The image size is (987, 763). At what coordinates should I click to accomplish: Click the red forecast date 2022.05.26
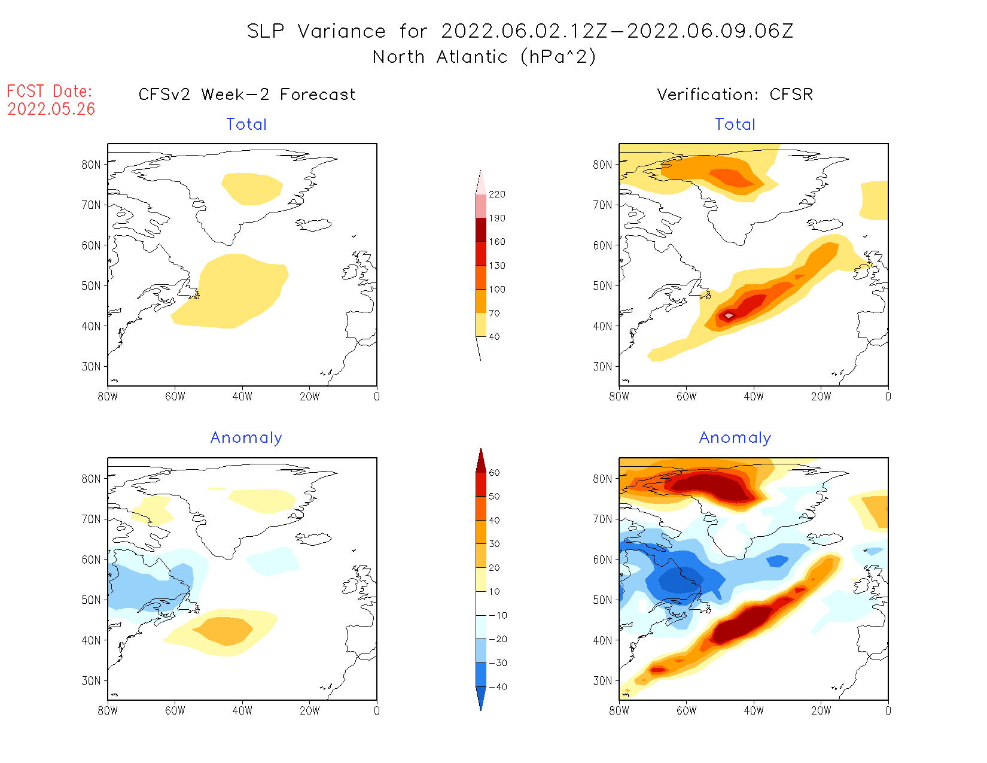(x=51, y=109)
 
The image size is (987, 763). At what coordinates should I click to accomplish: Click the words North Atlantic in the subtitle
(x=440, y=57)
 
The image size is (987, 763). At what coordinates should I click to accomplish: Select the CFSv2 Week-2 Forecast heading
(x=246, y=95)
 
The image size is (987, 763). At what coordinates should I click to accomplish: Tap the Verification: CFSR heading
(x=735, y=95)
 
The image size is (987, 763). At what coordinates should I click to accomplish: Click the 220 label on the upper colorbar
(x=497, y=194)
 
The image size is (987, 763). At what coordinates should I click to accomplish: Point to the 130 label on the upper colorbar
(x=497, y=266)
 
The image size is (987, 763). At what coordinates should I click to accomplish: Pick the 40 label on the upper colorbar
(x=494, y=337)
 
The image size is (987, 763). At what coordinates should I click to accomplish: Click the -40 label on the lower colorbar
(x=498, y=687)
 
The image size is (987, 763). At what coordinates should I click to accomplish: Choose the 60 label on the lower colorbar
(x=494, y=473)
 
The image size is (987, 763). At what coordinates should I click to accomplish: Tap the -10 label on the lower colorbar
(x=498, y=615)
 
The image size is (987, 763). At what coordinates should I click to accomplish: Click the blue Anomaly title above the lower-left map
(x=246, y=438)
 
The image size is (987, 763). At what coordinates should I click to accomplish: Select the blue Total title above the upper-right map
(x=735, y=124)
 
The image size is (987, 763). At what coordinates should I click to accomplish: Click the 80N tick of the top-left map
(x=91, y=165)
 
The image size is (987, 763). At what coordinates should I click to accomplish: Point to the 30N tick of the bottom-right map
(x=602, y=680)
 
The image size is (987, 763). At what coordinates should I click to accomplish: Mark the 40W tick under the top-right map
(x=754, y=396)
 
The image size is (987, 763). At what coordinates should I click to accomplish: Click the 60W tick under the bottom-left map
(x=175, y=710)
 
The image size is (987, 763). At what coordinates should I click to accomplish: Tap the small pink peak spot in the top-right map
(x=729, y=315)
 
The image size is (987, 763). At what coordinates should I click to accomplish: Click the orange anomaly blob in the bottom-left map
(x=225, y=630)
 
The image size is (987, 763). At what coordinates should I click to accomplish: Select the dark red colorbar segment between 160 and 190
(x=481, y=230)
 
